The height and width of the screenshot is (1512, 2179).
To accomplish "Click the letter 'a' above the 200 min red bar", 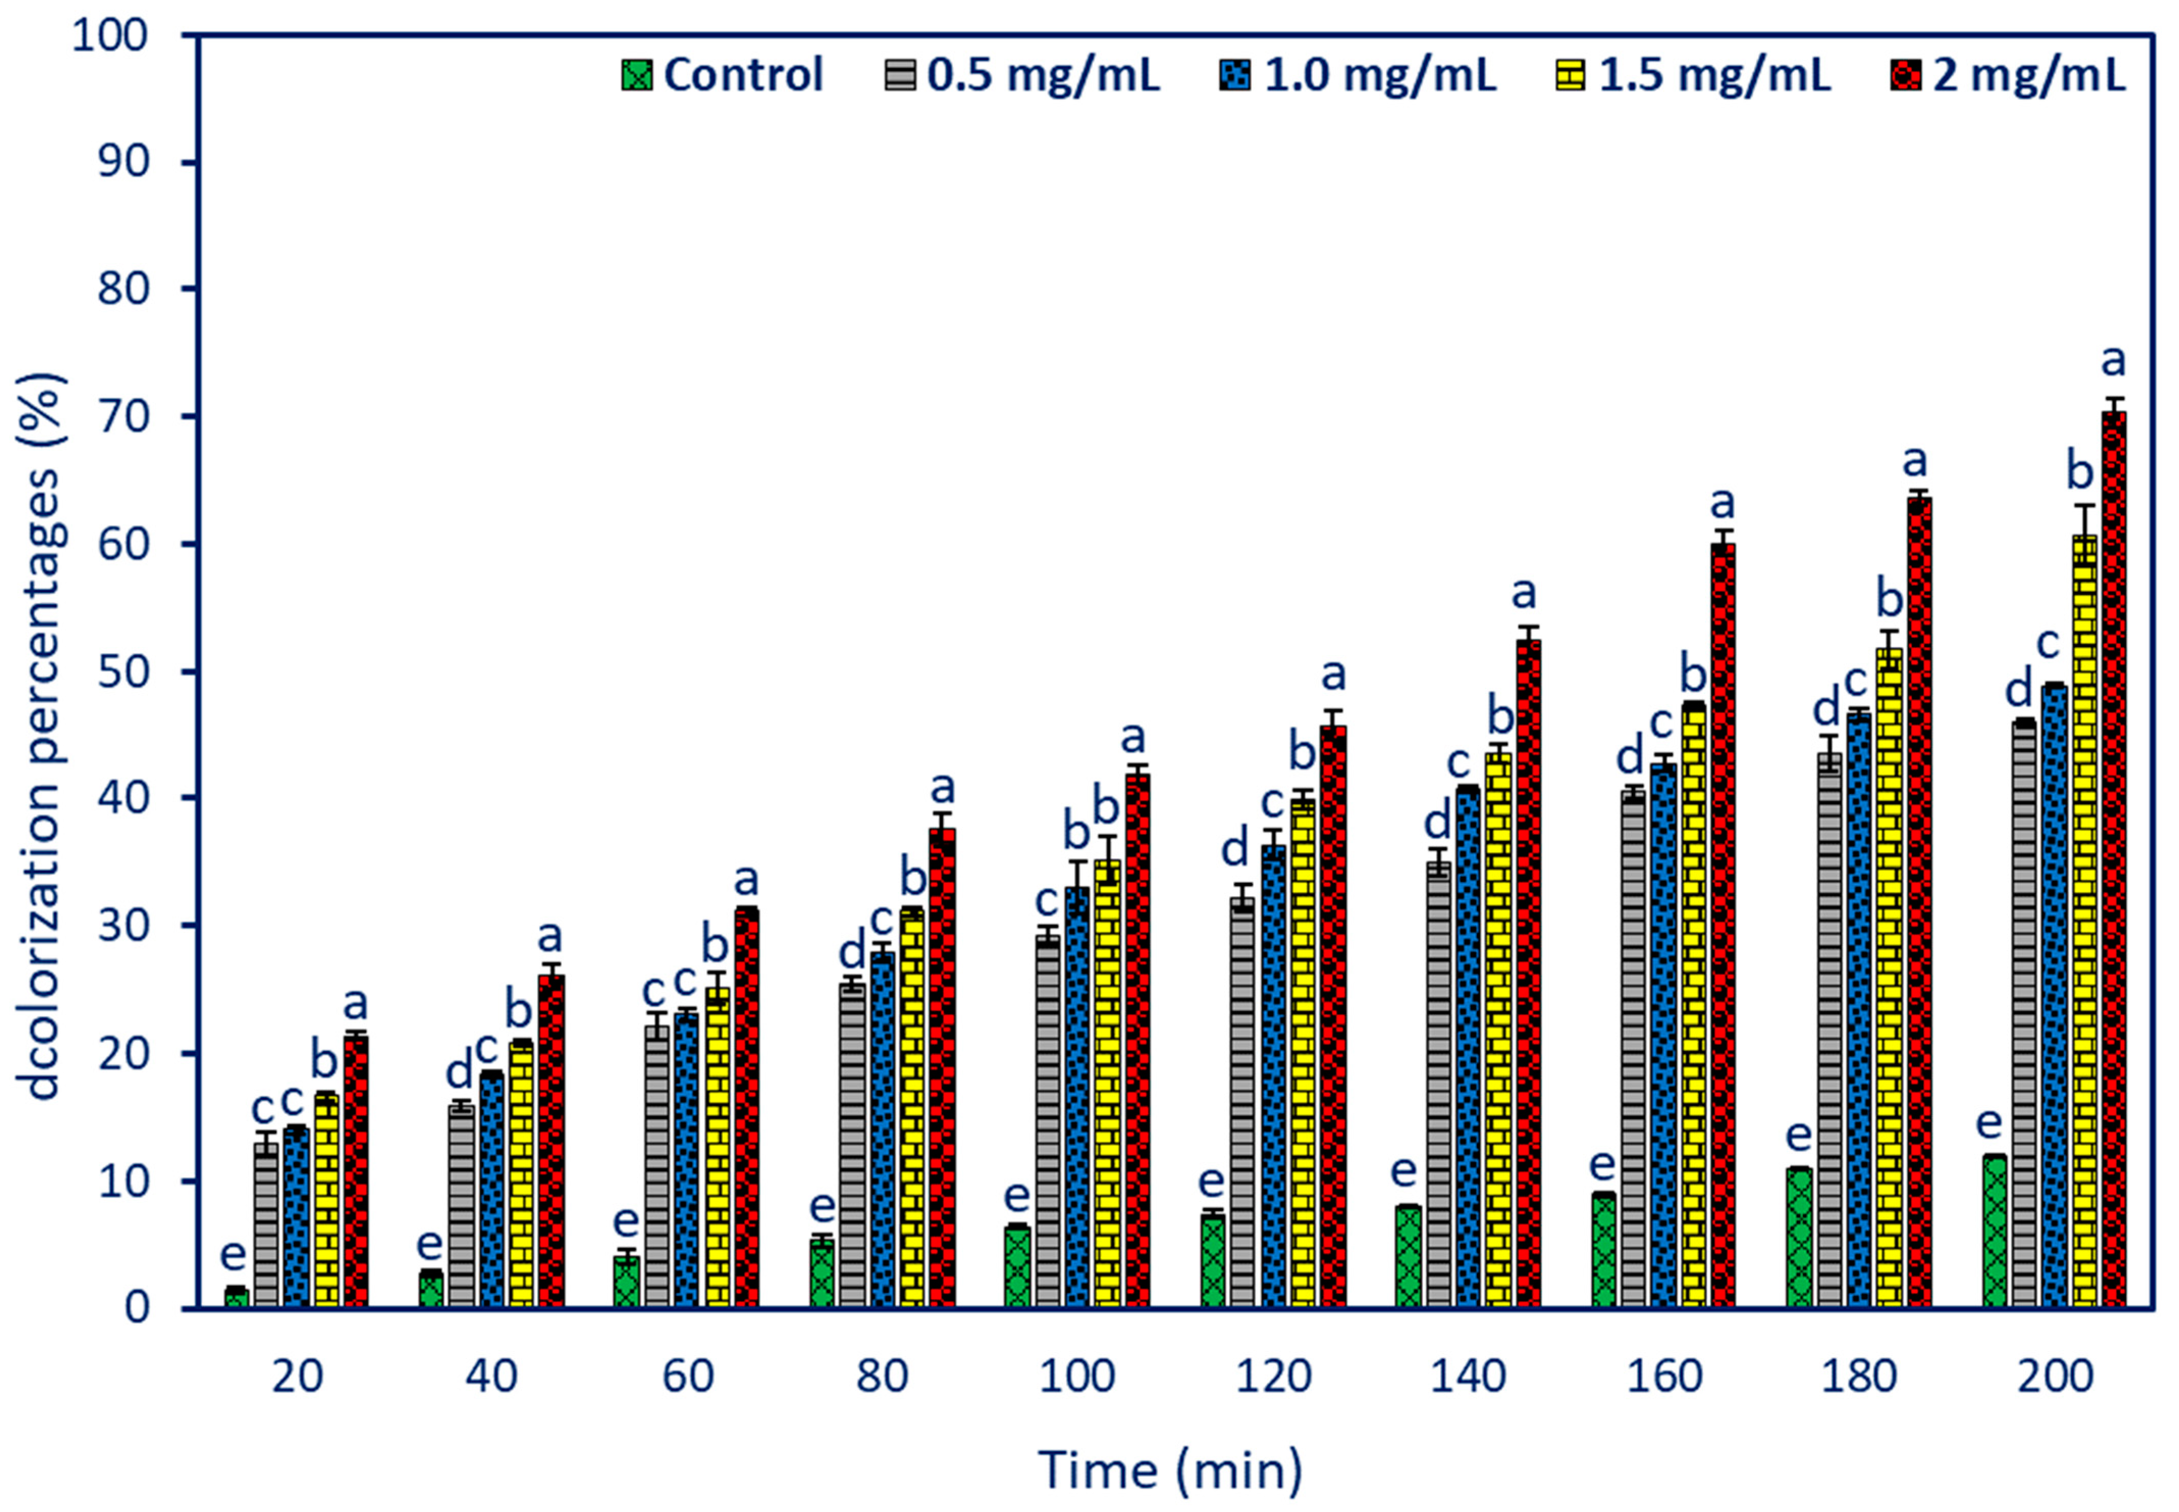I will (x=2114, y=361).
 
